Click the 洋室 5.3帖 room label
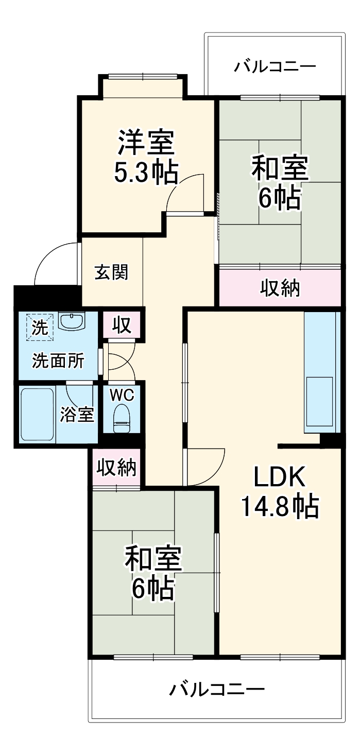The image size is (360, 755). click(x=146, y=157)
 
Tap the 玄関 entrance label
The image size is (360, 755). click(x=111, y=272)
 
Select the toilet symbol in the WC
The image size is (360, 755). click(x=122, y=418)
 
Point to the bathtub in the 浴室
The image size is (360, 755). click(x=37, y=415)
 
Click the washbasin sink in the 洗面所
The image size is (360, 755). click(x=72, y=321)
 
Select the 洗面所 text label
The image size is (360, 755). click(x=58, y=361)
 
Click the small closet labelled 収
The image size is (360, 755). click(x=122, y=325)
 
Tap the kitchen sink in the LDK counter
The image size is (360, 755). click(x=319, y=401)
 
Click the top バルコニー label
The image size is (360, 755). click(x=275, y=67)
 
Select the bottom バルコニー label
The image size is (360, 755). click(x=217, y=689)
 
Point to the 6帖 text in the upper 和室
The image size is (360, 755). click(x=279, y=197)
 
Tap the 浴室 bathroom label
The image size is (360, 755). click(x=77, y=415)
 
